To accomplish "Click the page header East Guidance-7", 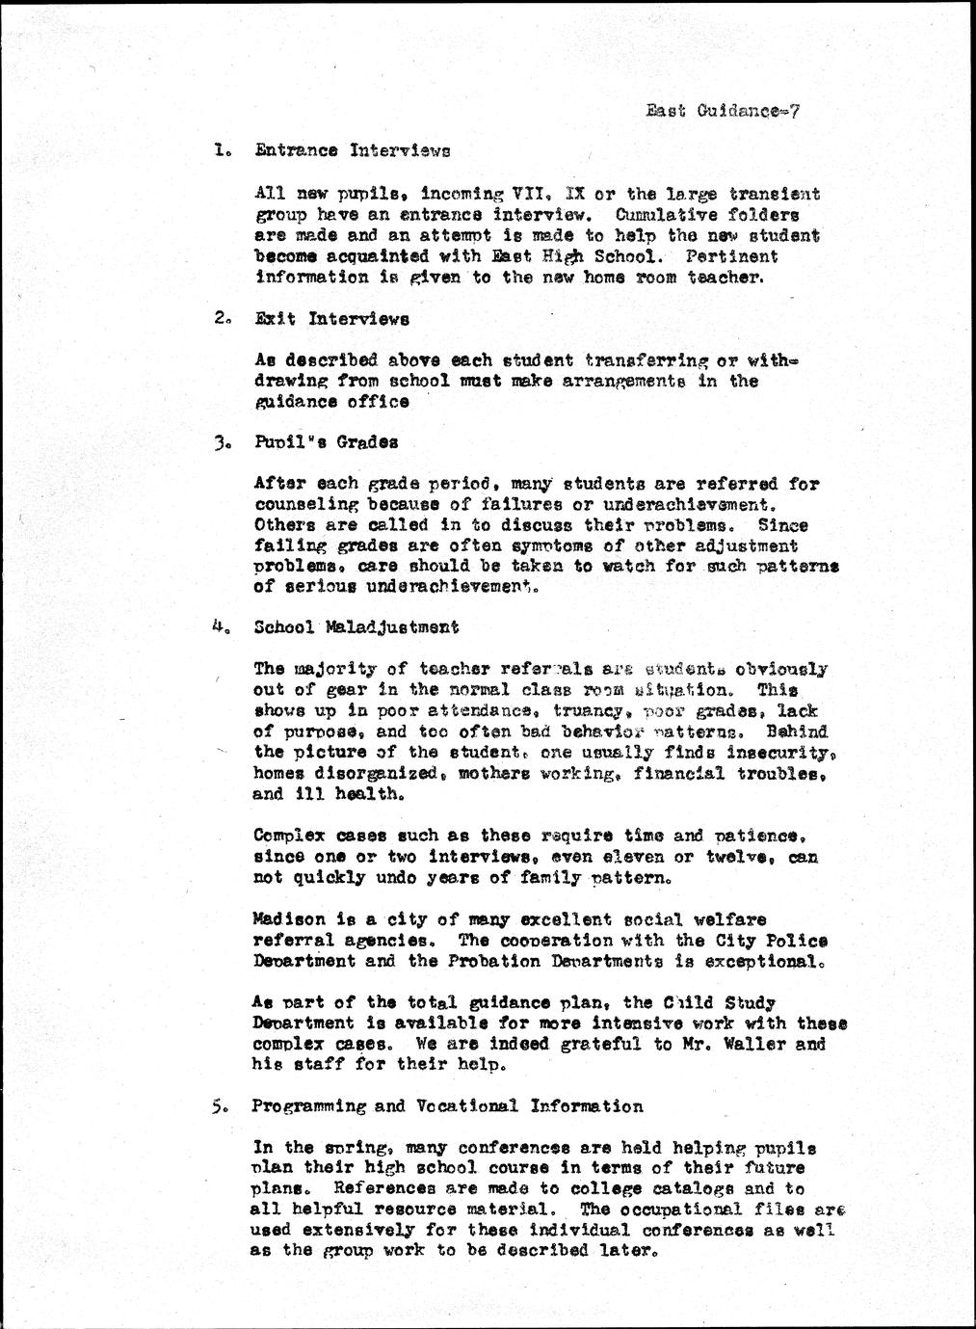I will [723, 110].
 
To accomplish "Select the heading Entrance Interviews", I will [352, 150].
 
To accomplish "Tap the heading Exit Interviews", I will [332, 318].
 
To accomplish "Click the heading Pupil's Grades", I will [327, 442].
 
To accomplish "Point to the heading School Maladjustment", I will [356, 626].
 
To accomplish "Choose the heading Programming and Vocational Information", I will [447, 1106].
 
